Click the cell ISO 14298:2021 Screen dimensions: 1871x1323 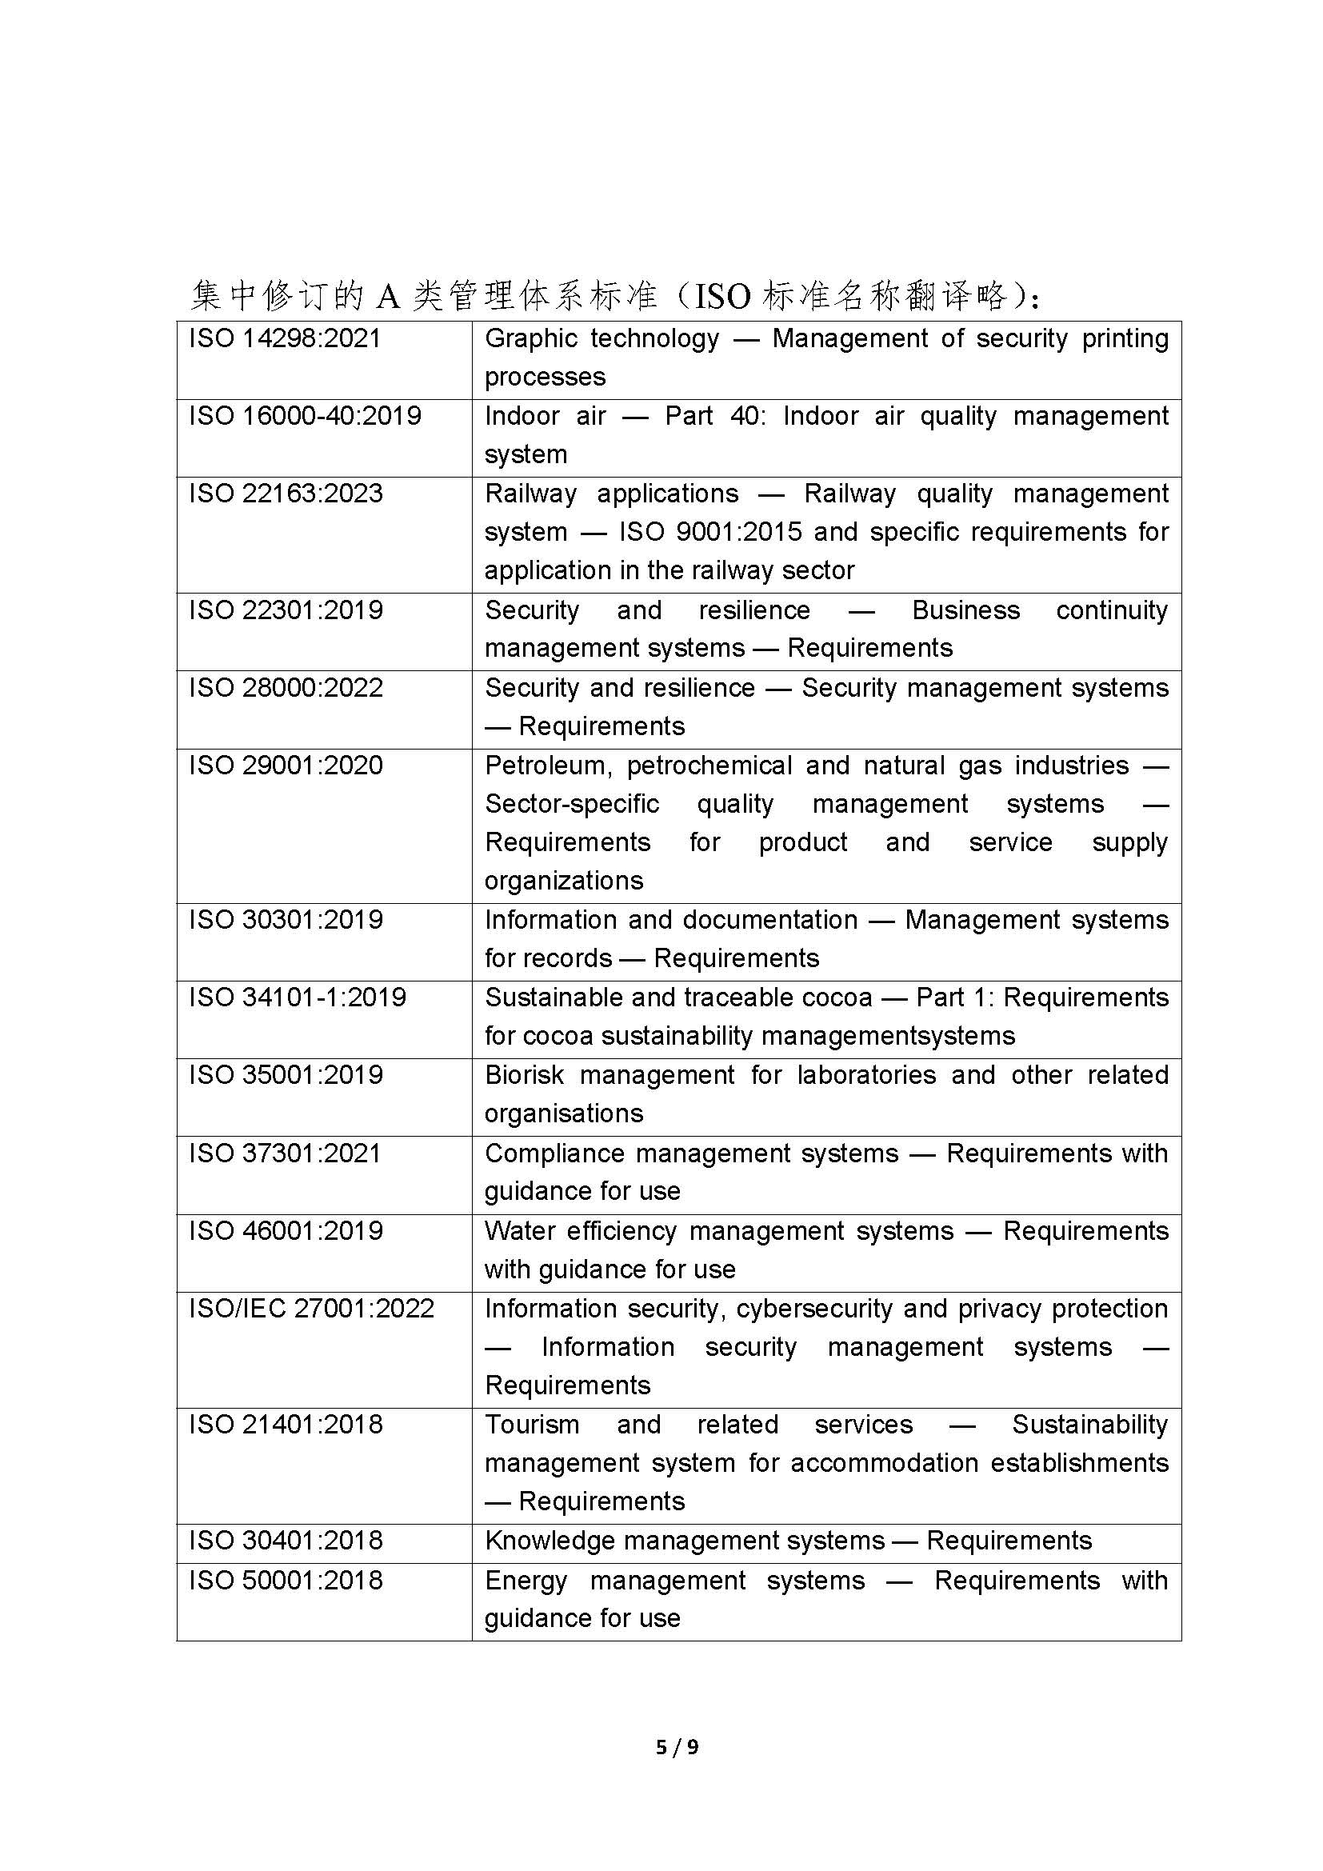(x=285, y=338)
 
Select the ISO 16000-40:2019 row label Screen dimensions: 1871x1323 (x=306, y=416)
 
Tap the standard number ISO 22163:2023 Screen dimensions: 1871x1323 (x=286, y=493)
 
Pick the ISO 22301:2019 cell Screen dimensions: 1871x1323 (x=286, y=610)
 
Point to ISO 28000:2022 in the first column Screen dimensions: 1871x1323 (x=286, y=688)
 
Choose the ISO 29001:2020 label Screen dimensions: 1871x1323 (x=286, y=766)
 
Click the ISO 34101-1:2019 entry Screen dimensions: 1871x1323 (x=298, y=997)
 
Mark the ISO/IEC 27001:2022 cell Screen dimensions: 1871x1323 (x=312, y=1309)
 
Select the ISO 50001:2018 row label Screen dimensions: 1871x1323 (x=286, y=1581)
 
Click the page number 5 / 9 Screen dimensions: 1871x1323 (x=677, y=1746)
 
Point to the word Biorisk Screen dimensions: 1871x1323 (x=524, y=1076)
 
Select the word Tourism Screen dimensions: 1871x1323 (x=532, y=1425)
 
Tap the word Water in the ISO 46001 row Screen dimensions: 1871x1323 (x=519, y=1231)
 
